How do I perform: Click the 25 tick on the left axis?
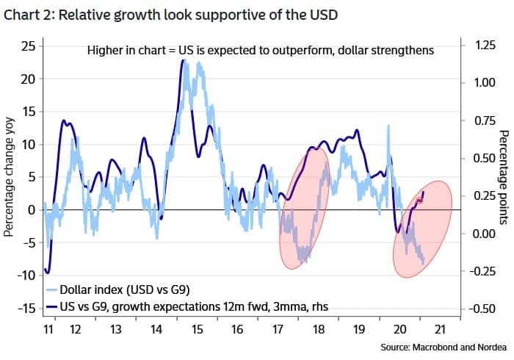(x=28, y=46)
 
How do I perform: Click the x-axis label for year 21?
(x=441, y=331)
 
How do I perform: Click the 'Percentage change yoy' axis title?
(x=10, y=176)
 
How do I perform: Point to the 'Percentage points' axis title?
(x=504, y=176)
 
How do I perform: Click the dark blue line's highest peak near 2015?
(x=182, y=60)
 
